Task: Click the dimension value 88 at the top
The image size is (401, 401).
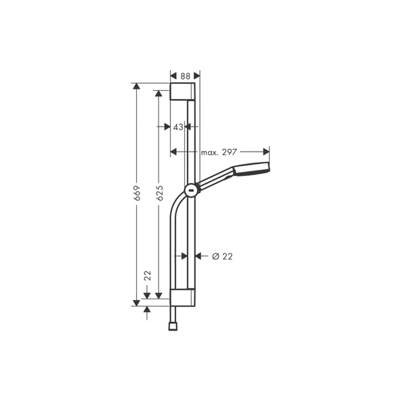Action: pos(184,77)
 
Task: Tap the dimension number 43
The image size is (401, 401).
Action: pos(177,127)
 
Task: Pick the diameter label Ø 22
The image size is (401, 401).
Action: pos(222,256)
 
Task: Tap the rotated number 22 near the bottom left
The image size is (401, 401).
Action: pos(147,276)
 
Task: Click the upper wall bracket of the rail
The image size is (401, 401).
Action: pos(184,93)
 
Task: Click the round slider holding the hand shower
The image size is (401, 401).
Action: pos(192,190)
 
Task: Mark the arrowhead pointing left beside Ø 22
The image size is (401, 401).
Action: pos(199,256)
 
